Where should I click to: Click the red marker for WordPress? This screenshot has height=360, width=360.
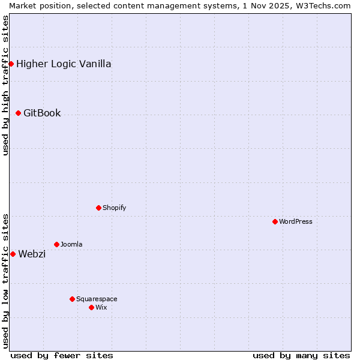[x=275, y=221]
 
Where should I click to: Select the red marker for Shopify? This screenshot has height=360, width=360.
[x=98, y=208]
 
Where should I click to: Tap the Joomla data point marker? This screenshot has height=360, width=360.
[x=56, y=244]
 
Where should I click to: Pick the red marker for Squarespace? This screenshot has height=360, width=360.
[x=72, y=299]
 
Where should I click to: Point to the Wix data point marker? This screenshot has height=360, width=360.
[x=91, y=307]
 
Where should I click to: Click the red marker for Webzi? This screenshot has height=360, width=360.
[x=13, y=254]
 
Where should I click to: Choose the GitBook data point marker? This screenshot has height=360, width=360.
[x=18, y=113]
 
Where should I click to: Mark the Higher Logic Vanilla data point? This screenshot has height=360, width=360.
[x=11, y=64]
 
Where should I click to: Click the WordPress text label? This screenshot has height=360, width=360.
[x=296, y=221]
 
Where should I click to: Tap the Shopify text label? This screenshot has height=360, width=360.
[x=114, y=208]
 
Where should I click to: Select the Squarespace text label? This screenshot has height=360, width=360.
[x=97, y=299]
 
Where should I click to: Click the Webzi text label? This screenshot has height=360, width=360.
[x=32, y=254]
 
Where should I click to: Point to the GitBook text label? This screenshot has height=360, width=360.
[x=42, y=113]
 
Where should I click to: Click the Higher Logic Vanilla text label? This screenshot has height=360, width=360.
[x=64, y=64]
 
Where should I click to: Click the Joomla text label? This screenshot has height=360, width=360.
[x=71, y=244]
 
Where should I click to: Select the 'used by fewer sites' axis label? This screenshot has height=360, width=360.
[x=62, y=355]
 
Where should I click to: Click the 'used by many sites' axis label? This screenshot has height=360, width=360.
[x=301, y=355]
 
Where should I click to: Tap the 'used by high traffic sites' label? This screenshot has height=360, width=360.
[x=5, y=85]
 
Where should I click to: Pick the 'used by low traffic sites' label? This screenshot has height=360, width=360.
[x=5, y=280]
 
